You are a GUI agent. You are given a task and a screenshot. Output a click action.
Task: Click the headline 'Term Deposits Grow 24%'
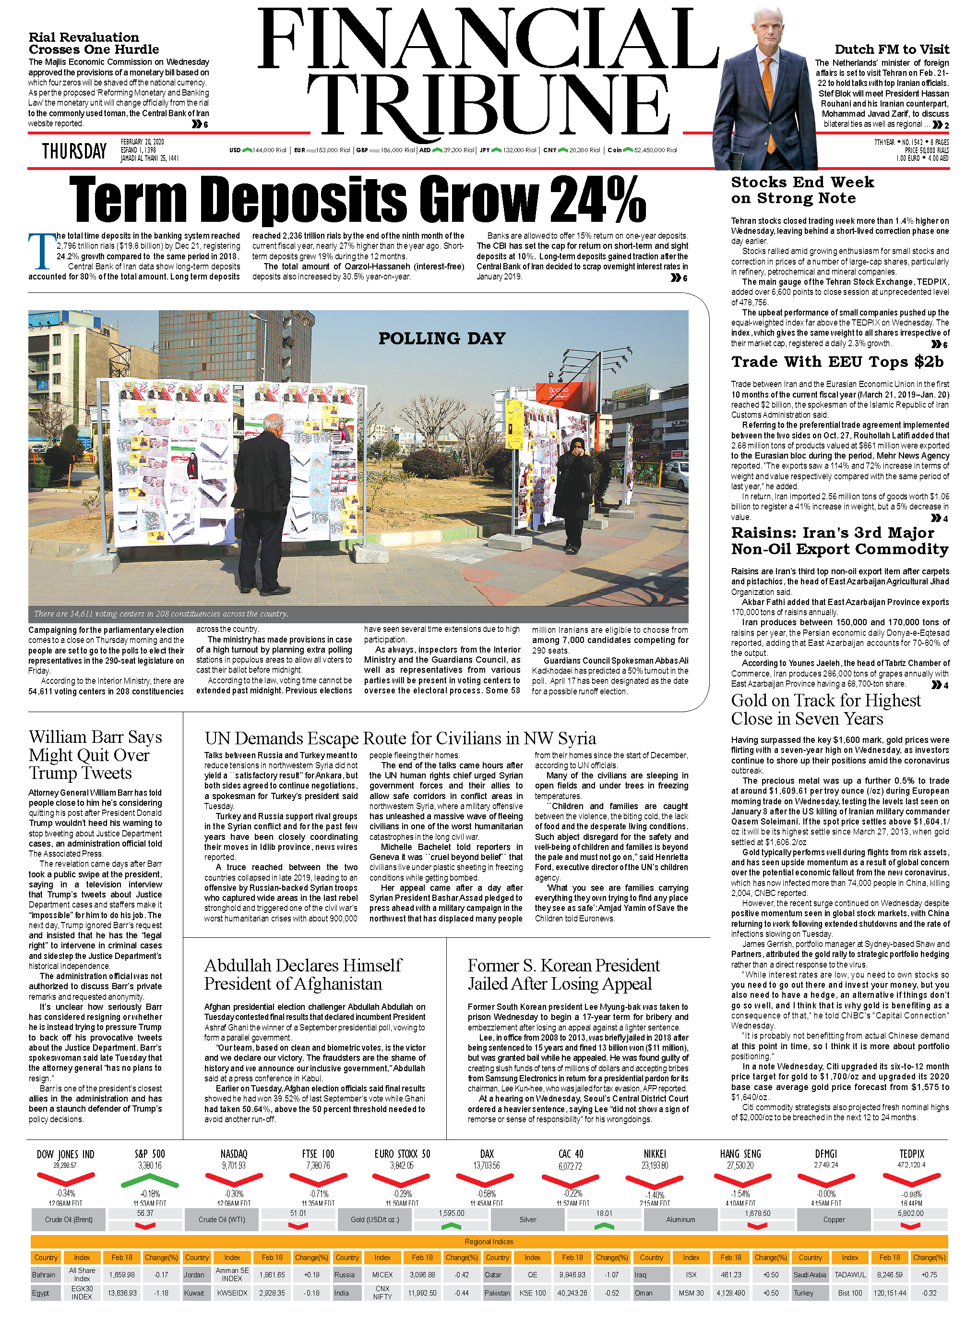(x=357, y=199)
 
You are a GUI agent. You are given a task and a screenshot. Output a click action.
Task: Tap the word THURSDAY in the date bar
(x=74, y=151)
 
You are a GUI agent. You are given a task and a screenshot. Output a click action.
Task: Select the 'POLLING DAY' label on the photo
(x=441, y=338)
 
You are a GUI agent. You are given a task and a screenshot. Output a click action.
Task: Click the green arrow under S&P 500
(x=149, y=1182)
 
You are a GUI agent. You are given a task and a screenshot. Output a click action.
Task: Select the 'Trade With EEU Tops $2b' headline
(x=837, y=362)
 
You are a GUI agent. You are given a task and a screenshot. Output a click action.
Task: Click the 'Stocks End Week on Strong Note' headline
(x=802, y=190)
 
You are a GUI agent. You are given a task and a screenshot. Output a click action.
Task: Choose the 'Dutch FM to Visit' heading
(x=892, y=49)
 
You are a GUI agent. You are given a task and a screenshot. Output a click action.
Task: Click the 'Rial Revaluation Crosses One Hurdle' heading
(x=94, y=43)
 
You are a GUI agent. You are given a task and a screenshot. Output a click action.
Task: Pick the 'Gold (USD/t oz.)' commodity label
(x=375, y=1219)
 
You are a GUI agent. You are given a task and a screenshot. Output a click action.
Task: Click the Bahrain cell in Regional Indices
(x=44, y=1274)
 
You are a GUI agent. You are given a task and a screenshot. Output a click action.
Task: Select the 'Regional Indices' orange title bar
(x=489, y=1241)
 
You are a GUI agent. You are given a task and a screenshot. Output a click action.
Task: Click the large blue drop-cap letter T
(x=40, y=251)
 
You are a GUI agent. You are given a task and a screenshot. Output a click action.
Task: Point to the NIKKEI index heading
(x=655, y=1153)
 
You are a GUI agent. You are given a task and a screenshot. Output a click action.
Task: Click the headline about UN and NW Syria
(x=400, y=738)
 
